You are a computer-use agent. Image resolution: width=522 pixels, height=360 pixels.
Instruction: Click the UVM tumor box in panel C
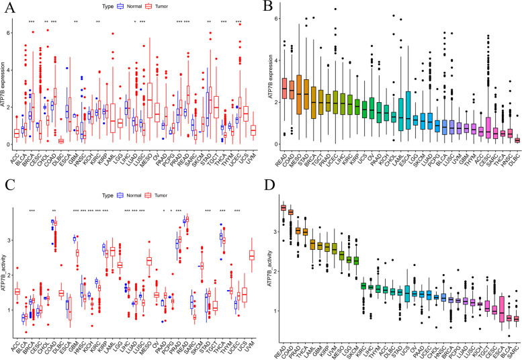[x=252, y=255]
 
